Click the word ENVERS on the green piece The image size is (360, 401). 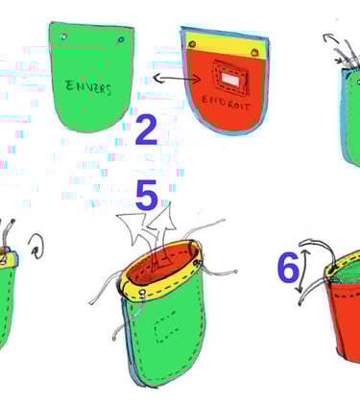(x=88, y=86)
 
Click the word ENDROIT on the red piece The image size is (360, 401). (x=226, y=102)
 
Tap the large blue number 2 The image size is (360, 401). (x=146, y=130)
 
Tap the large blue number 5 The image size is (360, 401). (x=147, y=195)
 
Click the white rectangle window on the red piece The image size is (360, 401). (x=230, y=79)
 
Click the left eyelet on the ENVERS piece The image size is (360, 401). (x=63, y=36)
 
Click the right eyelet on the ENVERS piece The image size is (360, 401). (x=121, y=39)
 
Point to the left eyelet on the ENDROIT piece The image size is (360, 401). (x=192, y=44)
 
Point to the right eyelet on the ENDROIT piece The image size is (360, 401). (x=255, y=52)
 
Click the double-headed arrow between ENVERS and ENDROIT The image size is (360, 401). (x=177, y=78)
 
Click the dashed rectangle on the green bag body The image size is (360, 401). (x=167, y=326)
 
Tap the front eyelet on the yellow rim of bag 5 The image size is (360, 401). (x=142, y=293)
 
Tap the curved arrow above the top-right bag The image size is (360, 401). (x=331, y=38)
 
